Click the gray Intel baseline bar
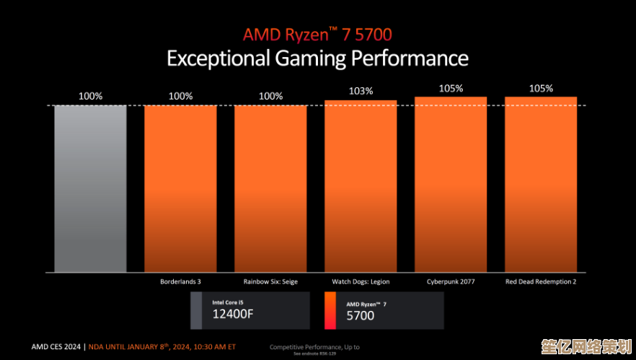click(90, 188)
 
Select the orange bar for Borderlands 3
click(180, 188)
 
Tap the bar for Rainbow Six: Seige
click(270, 188)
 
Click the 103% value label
click(361, 91)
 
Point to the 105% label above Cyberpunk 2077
click(451, 88)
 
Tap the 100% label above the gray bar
click(90, 96)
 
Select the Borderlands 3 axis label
click(180, 281)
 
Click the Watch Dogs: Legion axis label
click(361, 281)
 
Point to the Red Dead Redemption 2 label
click(541, 281)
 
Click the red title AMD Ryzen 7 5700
click(317, 34)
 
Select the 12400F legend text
click(233, 314)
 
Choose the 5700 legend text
click(361, 315)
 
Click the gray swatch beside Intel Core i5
click(196, 310)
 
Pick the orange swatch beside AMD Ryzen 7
click(330, 310)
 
